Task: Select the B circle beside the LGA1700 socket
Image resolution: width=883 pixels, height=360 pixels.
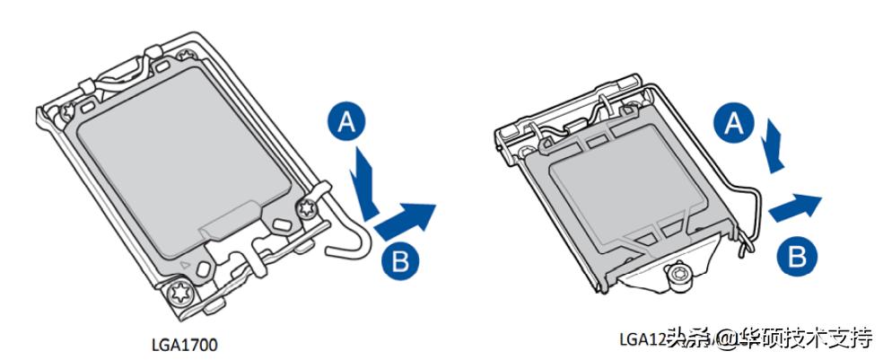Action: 401,261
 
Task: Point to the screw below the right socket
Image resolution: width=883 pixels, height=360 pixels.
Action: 679,277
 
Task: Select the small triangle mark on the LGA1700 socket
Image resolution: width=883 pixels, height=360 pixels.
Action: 185,266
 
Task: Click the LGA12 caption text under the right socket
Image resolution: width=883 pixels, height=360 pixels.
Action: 641,339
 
